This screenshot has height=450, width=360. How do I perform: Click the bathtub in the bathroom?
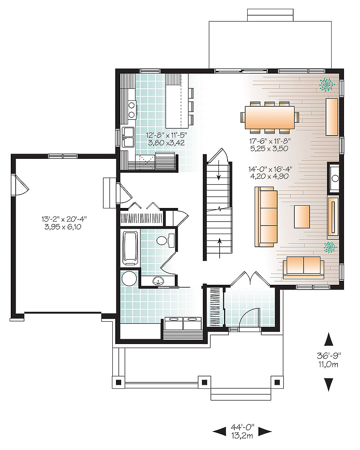click(130, 248)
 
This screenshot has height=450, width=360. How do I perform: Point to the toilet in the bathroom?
click(164, 240)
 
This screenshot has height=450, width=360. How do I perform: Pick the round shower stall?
click(130, 278)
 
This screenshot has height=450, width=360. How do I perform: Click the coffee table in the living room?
click(302, 216)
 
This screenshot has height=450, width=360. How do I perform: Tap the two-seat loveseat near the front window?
click(304, 267)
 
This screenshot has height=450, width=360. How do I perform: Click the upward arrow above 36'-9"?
click(328, 339)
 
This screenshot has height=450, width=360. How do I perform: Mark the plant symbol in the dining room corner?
click(327, 84)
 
